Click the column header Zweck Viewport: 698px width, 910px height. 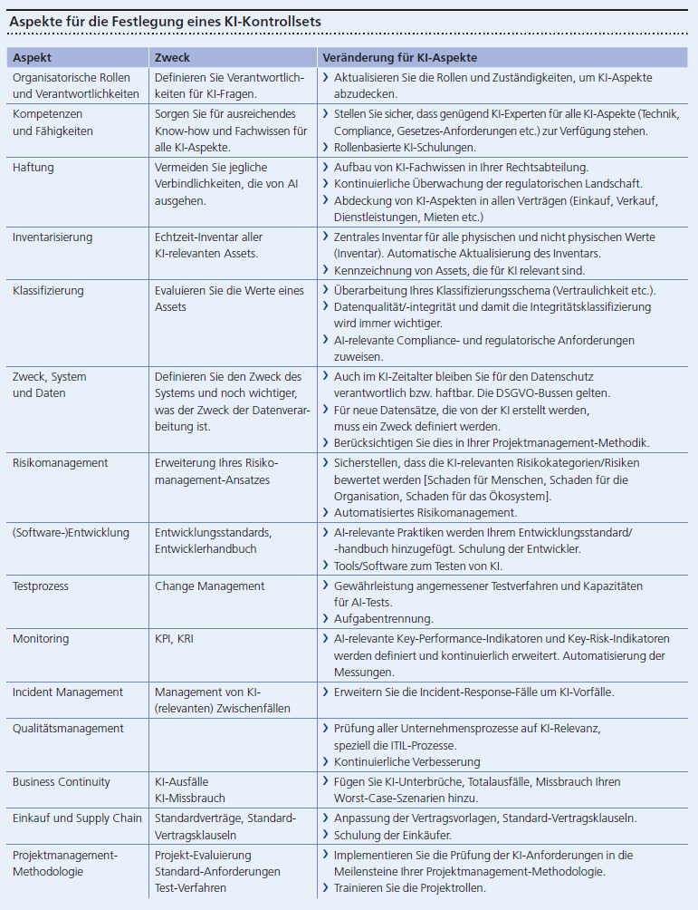tap(172, 57)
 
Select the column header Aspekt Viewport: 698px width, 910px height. tap(33, 57)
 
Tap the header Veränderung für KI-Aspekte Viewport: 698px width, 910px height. tap(399, 57)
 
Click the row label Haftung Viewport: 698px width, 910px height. tap(33, 167)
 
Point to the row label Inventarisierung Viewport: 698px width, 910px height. tap(53, 237)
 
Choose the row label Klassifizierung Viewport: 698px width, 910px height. tap(48, 291)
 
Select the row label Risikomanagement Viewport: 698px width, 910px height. tap(60, 463)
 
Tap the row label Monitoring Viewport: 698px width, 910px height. tap(41, 639)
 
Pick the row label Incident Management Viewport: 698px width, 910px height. tap(68, 692)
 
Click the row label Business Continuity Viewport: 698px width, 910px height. tap(62, 782)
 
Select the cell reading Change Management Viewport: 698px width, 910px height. tap(209, 586)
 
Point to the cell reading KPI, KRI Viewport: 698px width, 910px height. tap(174, 639)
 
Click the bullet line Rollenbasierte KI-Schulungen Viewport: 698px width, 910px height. tap(405, 147)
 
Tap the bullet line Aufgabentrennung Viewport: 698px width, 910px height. tap(384, 619)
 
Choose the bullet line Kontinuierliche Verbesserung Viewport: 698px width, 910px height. tap(407, 762)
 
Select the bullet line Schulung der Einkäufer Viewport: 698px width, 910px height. tap(395, 835)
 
